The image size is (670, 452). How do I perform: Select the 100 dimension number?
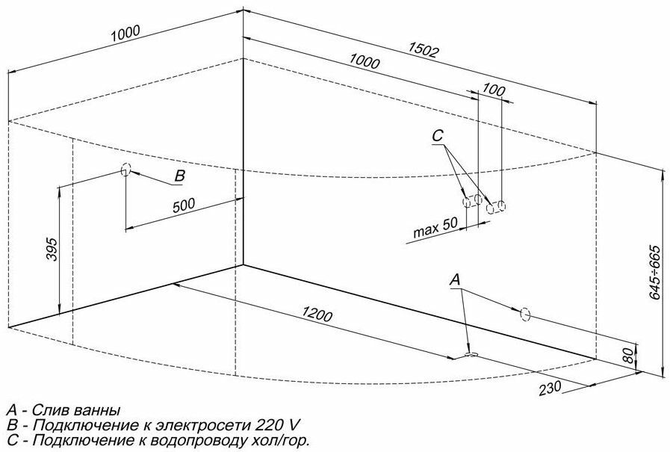point(489,90)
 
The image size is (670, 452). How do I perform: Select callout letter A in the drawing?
point(456,279)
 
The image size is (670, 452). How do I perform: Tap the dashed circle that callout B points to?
point(125,170)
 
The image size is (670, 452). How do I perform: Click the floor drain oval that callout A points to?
point(471,354)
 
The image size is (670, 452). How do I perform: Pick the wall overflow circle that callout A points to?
point(524,314)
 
